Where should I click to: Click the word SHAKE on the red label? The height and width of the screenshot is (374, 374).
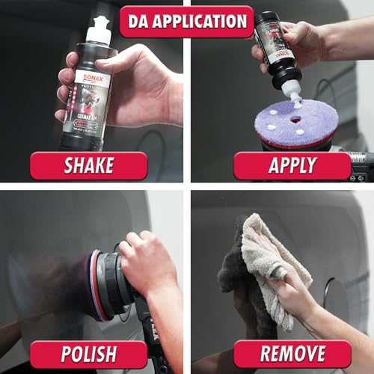pyautogui.click(x=88, y=166)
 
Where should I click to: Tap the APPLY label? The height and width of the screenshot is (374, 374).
pyautogui.click(x=292, y=166)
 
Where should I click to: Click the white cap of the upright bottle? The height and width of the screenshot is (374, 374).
pyautogui.click(x=98, y=31)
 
